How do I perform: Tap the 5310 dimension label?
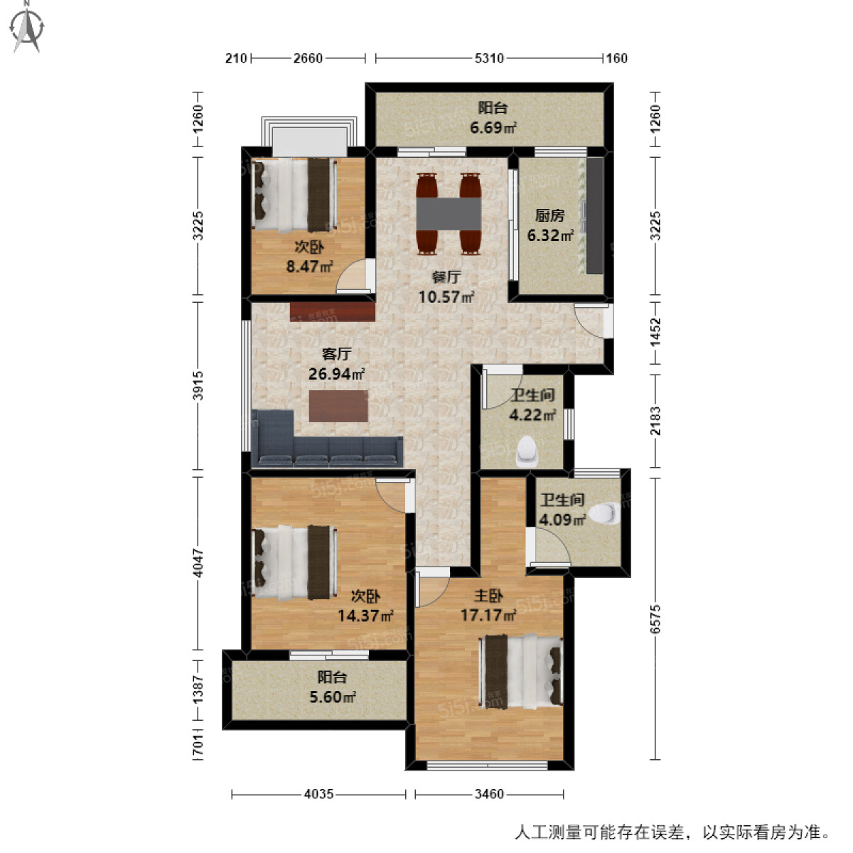[489, 58]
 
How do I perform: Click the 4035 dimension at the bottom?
[318, 794]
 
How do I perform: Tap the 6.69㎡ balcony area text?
[492, 128]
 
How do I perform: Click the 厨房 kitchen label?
[549, 215]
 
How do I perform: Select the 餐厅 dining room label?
[446, 277]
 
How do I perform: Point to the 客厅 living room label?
[336, 353]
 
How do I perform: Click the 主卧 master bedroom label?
[488, 596]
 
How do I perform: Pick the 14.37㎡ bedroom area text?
[365, 616]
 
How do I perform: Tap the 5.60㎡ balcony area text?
[332, 697]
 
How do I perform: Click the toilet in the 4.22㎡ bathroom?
[527, 451]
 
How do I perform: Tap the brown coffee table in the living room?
[338, 407]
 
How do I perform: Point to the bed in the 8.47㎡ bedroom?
[293, 193]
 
